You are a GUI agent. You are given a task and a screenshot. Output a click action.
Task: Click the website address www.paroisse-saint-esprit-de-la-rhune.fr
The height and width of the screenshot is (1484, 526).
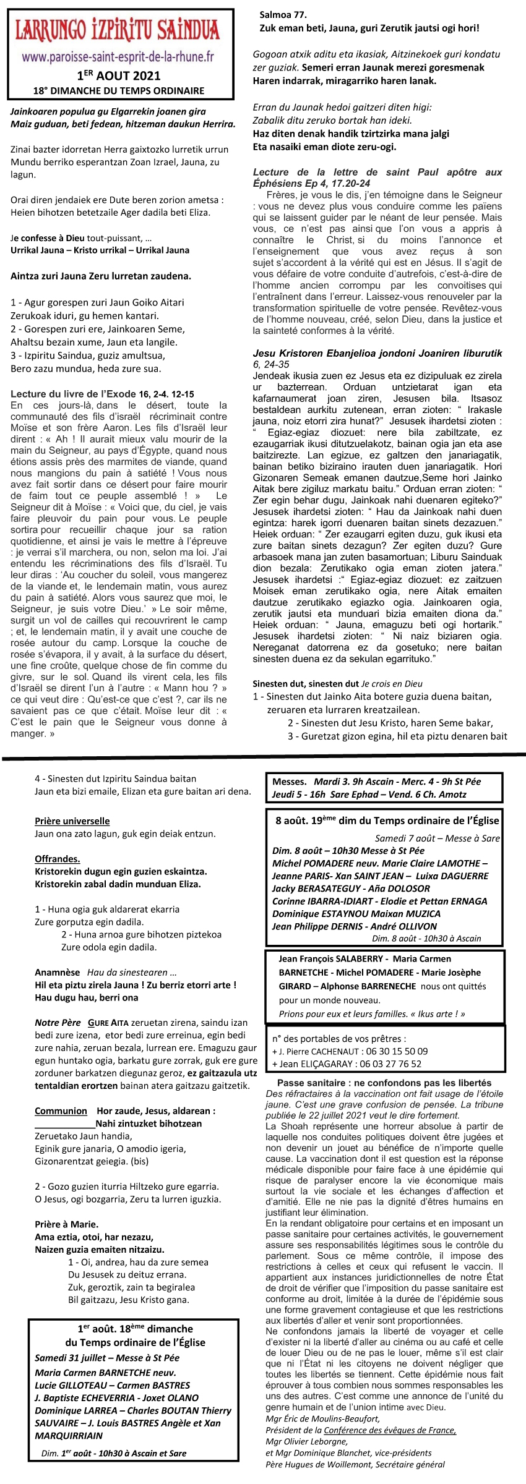118,58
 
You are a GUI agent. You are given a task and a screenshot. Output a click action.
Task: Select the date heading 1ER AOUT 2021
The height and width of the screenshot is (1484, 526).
118,76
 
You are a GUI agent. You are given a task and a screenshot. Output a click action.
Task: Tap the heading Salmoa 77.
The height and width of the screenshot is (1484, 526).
283,14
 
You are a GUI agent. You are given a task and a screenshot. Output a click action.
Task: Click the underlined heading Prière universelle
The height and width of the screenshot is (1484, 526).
72,821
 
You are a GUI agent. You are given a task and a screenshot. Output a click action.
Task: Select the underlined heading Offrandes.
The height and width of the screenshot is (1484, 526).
58,859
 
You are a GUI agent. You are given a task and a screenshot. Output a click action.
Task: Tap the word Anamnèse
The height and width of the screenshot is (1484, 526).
57,972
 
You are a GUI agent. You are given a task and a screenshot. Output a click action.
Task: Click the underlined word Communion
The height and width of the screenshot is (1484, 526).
61,1111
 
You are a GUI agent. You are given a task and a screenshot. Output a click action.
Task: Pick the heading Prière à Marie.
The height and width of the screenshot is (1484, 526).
66,1224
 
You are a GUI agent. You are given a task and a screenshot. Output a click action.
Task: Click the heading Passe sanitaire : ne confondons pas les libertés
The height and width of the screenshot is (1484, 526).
384,1083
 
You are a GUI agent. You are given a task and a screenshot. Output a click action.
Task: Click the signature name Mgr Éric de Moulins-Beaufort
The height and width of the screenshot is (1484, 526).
322,1419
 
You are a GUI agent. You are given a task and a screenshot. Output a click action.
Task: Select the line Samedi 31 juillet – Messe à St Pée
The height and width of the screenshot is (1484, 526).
107,1357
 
